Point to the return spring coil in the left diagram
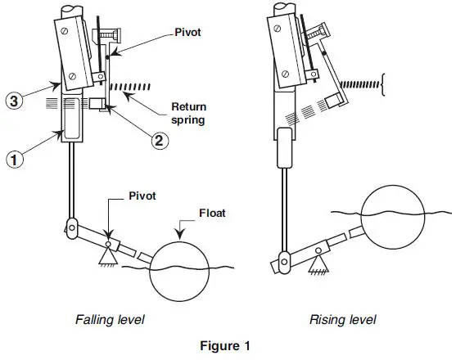coord(136,86)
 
